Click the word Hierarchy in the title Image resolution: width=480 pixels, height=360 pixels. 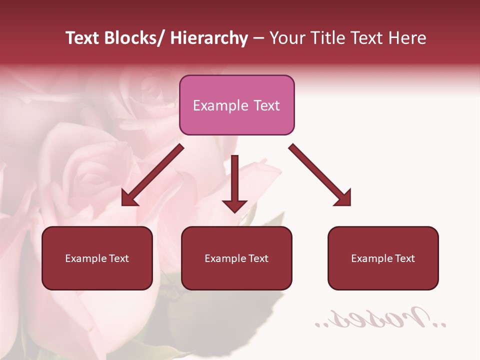coord(208,38)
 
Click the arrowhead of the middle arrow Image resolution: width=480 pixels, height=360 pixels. coord(234,205)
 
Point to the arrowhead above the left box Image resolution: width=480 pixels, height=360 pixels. coord(129,199)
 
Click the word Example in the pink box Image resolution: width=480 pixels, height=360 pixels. coord(214,105)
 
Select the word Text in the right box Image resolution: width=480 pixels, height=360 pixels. coord(404,258)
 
